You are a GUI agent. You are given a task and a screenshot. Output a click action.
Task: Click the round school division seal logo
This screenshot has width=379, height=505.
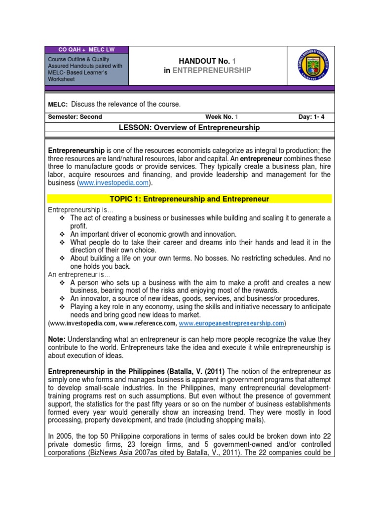coord(313,66)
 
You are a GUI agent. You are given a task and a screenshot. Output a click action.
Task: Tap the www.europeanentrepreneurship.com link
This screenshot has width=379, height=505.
coord(232,323)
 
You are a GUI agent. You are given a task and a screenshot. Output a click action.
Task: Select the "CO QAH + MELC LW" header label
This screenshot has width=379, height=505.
coord(86,50)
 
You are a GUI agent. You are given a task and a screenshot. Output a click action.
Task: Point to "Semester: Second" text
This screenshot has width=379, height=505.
coord(75,117)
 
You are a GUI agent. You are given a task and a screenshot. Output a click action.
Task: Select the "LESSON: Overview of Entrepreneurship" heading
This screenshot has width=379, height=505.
coord(189,127)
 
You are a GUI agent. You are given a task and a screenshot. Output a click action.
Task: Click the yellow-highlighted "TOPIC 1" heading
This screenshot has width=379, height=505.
coord(189,199)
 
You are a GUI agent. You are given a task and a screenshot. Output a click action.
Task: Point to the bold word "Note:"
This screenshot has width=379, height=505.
coord(57,339)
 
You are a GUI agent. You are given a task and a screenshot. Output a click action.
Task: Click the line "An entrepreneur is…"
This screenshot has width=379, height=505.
coord(79,275)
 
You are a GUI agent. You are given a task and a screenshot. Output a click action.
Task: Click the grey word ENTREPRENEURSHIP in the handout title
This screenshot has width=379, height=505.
coord(212,71)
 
